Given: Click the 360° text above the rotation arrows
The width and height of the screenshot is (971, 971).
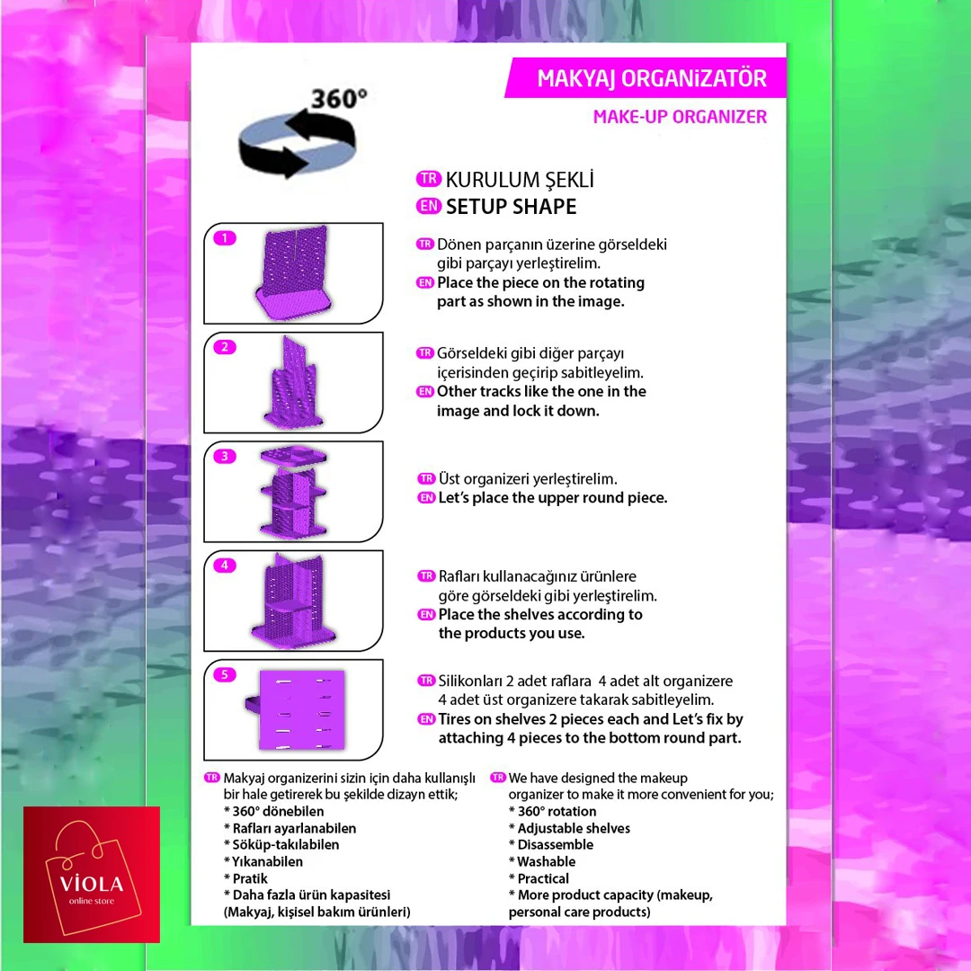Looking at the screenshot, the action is coord(339,99).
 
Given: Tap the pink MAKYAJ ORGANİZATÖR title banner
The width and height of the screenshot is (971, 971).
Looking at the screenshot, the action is coord(646,78).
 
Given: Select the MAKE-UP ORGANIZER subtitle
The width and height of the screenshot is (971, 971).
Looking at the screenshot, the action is coord(680,116).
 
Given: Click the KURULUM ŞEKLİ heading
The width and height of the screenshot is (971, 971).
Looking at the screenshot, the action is coord(520,180).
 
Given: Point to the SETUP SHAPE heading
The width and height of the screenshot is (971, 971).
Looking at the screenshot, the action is coord(511,206).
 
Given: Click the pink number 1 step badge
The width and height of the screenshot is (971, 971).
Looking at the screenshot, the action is coord(225,237).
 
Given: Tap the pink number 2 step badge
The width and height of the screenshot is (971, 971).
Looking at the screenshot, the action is coord(225,347).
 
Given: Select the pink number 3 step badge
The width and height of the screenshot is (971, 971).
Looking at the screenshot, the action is coord(225,457).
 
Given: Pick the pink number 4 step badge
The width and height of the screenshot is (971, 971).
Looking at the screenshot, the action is coord(225,566).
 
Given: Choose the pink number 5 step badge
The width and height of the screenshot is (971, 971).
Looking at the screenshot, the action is coord(225,674).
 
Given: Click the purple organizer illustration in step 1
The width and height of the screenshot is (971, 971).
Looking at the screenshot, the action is coord(293,273).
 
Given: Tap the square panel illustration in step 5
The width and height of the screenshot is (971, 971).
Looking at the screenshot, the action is coord(298,709).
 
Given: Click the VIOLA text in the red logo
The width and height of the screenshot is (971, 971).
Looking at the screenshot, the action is coord(92,883).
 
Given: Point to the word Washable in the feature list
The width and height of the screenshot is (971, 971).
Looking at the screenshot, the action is coord(547,861).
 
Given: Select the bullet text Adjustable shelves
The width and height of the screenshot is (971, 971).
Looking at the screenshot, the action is coord(574,828).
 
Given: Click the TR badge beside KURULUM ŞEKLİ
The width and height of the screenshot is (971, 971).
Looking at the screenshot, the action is coord(429,179).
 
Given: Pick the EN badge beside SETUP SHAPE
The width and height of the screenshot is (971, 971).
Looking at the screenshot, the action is coord(429,206).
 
